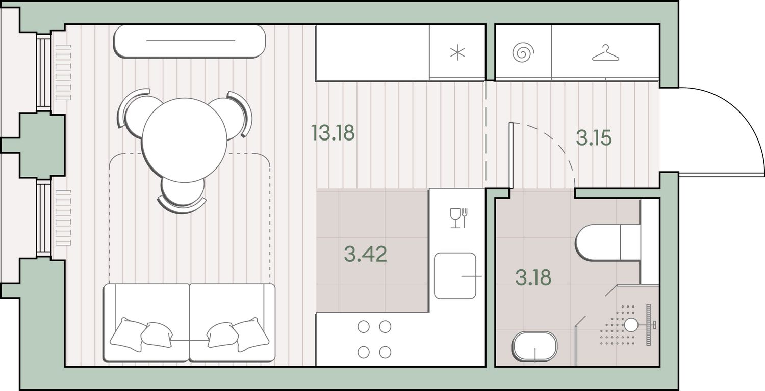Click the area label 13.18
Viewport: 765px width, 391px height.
point(333,132)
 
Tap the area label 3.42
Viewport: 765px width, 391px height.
point(366,254)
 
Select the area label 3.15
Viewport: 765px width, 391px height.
point(594,138)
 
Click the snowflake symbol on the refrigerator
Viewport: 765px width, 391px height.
point(457,53)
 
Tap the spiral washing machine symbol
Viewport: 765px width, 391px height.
point(523,52)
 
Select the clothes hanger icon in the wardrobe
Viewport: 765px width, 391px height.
point(605,53)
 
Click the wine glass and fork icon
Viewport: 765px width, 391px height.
point(458,218)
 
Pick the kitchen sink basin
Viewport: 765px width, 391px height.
point(455,276)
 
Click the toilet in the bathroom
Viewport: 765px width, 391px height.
point(607,242)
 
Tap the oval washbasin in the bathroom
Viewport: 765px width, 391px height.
point(534,346)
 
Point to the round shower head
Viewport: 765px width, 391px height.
point(631,325)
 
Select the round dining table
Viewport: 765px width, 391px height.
point(184,140)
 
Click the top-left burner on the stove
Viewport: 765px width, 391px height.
point(363,326)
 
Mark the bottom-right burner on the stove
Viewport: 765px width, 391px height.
point(385,352)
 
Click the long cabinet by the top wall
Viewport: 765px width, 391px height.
point(190,41)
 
